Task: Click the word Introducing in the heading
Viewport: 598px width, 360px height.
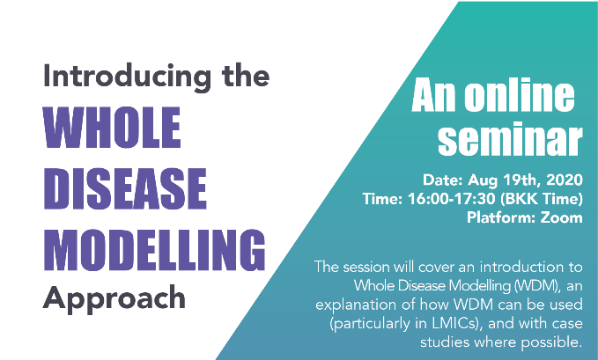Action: pos(128,77)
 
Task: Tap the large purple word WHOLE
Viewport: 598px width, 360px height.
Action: pos(112,128)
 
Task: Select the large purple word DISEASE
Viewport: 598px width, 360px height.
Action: pos(125,188)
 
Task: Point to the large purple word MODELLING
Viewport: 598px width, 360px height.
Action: pos(154,250)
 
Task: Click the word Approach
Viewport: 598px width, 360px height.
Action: pos(114,299)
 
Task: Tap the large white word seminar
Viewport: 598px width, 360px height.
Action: pos(510,139)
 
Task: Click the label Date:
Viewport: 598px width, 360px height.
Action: pos(442,180)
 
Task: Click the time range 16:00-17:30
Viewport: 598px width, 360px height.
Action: pos(452,199)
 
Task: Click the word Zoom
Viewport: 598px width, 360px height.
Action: pos(561,217)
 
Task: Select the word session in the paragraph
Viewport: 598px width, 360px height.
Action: pos(366,267)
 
